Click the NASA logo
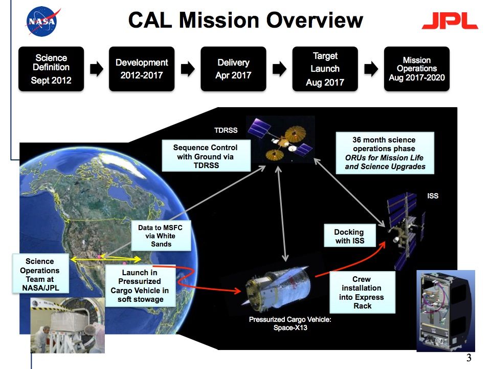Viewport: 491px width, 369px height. coord(43,21)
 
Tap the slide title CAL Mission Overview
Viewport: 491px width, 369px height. coord(245,20)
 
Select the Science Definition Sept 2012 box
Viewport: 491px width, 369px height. coord(51,69)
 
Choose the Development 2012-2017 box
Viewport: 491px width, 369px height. coord(142,69)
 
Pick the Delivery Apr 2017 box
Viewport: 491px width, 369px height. coord(233,69)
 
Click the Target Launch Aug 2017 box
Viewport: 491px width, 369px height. coord(325,69)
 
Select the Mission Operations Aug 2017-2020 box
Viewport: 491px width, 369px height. coord(416,69)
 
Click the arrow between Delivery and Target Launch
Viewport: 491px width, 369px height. coord(279,69)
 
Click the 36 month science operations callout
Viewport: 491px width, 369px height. coord(384,153)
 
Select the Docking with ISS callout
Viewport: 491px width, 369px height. coord(350,236)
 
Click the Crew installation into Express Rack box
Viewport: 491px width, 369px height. coord(363,292)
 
